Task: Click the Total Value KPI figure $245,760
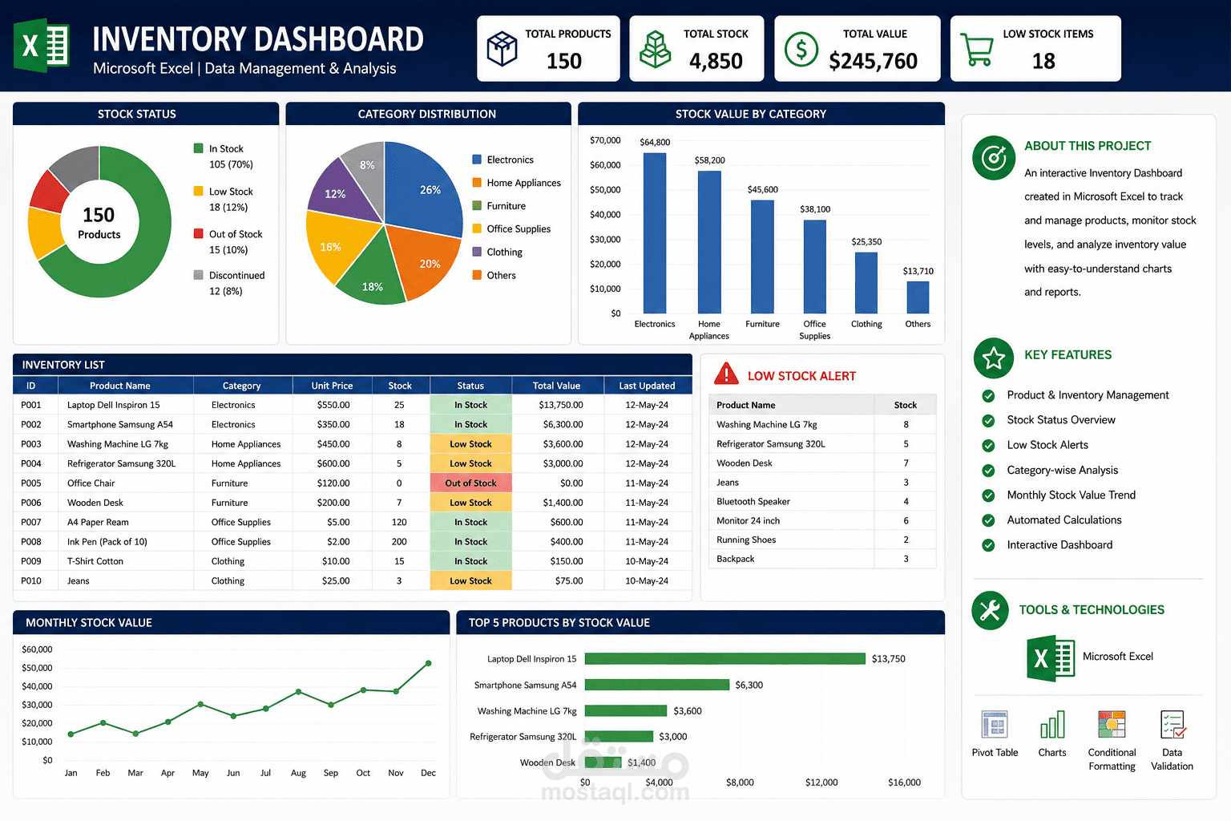pos(874,61)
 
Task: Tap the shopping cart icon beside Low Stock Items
pos(977,50)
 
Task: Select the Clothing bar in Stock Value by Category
pos(866,283)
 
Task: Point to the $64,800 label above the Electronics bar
pos(655,142)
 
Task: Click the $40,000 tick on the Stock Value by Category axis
pos(605,214)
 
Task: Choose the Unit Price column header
pos(332,386)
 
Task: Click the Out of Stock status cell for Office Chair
pos(470,483)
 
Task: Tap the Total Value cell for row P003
pos(563,443)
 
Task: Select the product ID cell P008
pos(31,542)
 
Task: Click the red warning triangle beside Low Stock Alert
pos(726,374)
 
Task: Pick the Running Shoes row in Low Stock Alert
pos(822,540)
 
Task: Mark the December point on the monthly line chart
pos(428,663)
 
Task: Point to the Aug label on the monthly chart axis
pos(298,773)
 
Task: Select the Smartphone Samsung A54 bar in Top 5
pos(656,685)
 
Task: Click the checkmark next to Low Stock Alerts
pos(988,446)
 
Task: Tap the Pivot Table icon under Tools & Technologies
pos(994,724)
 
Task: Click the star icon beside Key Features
pos(994,358)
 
